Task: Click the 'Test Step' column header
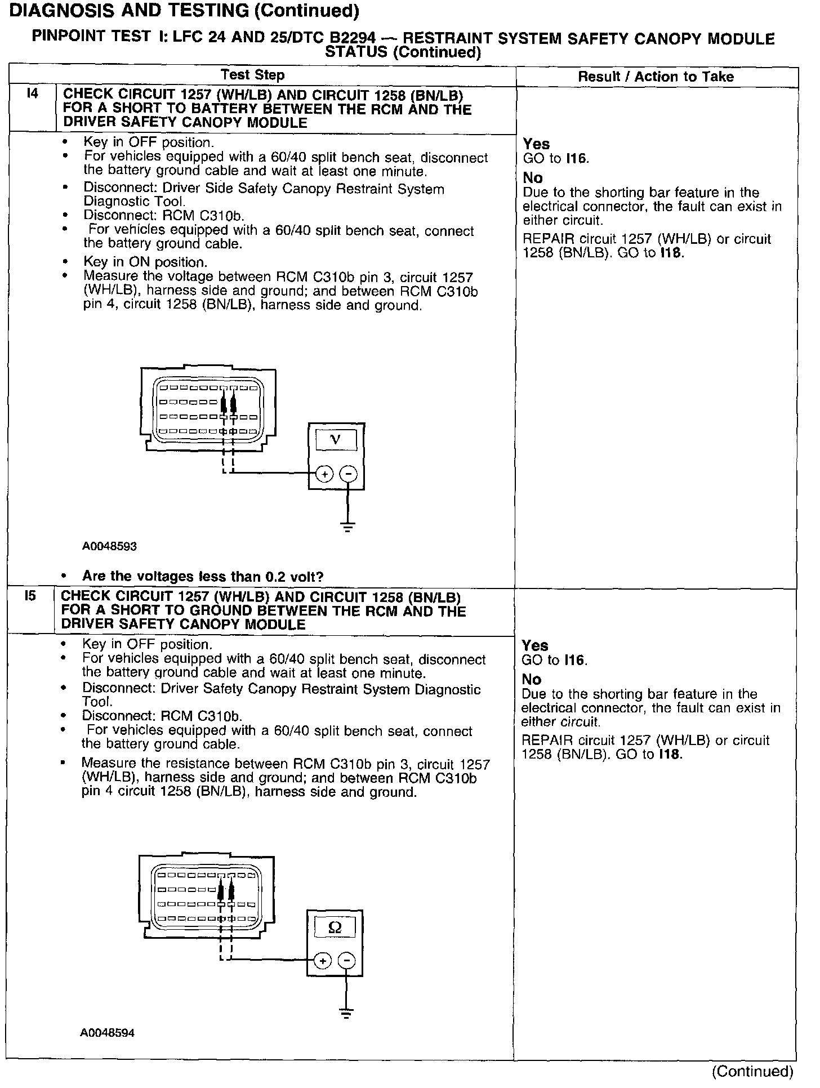pyautogui.click(x=252, y=75)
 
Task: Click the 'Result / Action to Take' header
pyautogui.click(x=656, y=77)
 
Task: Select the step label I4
pyautogui.click(x=33, y=94)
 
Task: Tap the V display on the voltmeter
pyautogui.click(x=336, y=440)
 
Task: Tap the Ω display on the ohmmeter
pyautogui.click(x=335, y=927)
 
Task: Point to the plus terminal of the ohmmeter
pyautogui.click(x=323, y=961)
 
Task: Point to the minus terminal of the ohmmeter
pyautogui.click(x=347, y=961)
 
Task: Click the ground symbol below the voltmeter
pyautogui.click(x=349, y=528)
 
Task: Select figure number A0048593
pyautogui.click(x=109, y=546)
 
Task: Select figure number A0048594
pyautogui.click(x=107, y=1033)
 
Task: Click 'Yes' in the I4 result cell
pyautogui.click(x=536, y=144)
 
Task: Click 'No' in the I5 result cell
pyautogui.click(x=531, y=679)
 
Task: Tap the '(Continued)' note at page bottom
pyautogui.click(x=752, y=1071)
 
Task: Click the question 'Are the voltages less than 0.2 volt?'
pyautogui.click(x=203, y=576)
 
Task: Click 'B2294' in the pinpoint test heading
pyautogui.click(x=352, y=38)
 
